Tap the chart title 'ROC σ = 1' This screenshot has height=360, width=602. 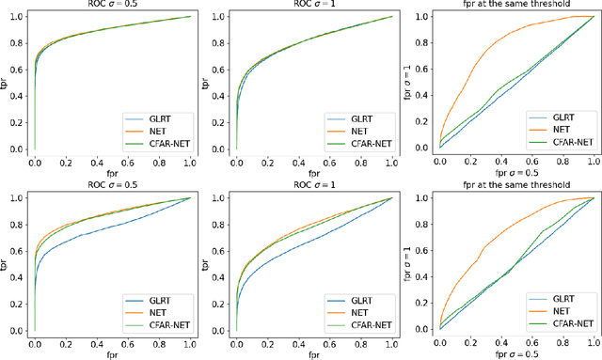pyautogui.click(x=311, y=6)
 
